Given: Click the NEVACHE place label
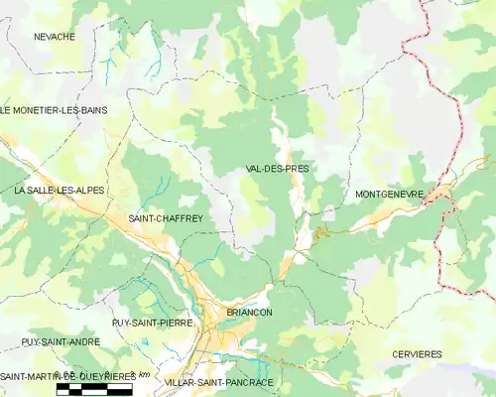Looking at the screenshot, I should pyautogui.click(x=55, y=37).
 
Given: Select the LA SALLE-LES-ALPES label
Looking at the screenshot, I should pyautogui.click(x=59, y=190).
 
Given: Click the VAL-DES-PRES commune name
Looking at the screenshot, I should pyautogui.click(x=277, y=169).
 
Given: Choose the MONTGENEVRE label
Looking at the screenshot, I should pyautogui.click(x=389, y=195).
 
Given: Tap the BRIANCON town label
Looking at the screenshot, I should pyautogui.click(x=249, y=312).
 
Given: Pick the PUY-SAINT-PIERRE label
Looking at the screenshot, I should pyautogui.click(x=152, y=323).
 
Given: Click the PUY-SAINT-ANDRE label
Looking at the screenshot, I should pyautogui.click(x=61, y=341).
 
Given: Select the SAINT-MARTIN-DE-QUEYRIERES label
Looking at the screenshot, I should pyautogui.click(x=67, y=376).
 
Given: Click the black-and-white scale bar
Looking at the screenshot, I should pyautogui.click(x=93, y=391).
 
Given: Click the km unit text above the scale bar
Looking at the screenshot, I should pyautogui.click(x=143, y=374).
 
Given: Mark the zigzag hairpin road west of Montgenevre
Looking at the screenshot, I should pyautogui.click(x=320, y=232).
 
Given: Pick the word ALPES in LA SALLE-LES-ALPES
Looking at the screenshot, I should pyautogui.click(x=88, y=190).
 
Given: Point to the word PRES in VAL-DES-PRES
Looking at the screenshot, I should pyautogui.click(x=297, y=169).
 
